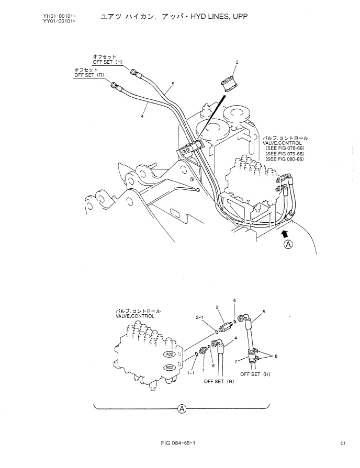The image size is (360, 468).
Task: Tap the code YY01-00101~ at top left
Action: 58,21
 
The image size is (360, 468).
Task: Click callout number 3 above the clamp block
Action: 237,62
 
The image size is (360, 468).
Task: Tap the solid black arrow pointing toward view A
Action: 285,231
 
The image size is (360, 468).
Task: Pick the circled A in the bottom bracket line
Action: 181,409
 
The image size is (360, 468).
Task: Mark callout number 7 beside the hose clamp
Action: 238,360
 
